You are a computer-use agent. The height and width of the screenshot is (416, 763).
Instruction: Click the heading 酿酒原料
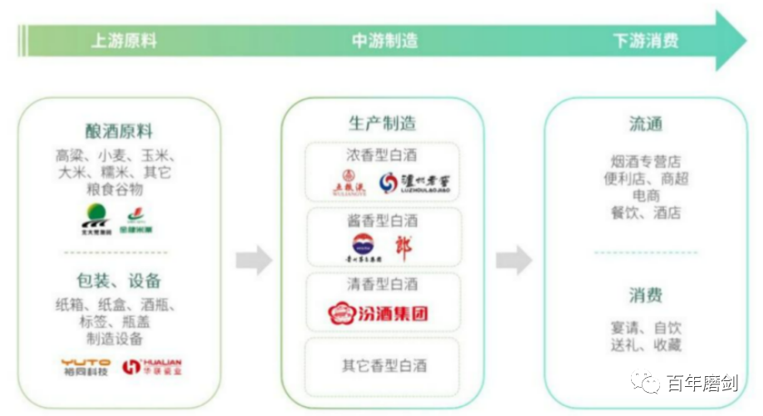[x=119, y=131]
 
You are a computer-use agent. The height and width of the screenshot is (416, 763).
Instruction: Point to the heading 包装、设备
[x=119, y=281]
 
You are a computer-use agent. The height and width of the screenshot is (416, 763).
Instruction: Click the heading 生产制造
[x=382, y=124]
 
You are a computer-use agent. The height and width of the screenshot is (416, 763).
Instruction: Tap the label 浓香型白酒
[x=382, y=155]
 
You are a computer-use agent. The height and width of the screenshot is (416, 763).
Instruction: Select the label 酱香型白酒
[x=382, y=220]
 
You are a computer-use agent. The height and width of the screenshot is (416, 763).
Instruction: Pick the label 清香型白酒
[x=382, y=284]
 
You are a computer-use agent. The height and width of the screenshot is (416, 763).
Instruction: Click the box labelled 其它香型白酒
[x=382, y=365]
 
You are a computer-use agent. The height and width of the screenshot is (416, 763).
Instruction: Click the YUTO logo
[x=85, y=367]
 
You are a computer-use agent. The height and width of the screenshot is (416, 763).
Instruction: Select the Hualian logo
[x=152, y=367]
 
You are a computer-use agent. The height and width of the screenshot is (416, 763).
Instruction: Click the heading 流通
[x=645, y=124]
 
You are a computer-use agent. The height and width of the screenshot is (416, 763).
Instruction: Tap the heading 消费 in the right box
[x=645, y=295]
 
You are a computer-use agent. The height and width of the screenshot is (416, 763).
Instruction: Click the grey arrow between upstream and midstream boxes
[x=253, y=260]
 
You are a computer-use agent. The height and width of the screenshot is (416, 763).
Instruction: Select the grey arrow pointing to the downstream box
[x=514, y=260]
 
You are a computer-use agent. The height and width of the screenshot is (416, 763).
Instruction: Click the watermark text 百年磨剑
[x=702, y=383]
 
